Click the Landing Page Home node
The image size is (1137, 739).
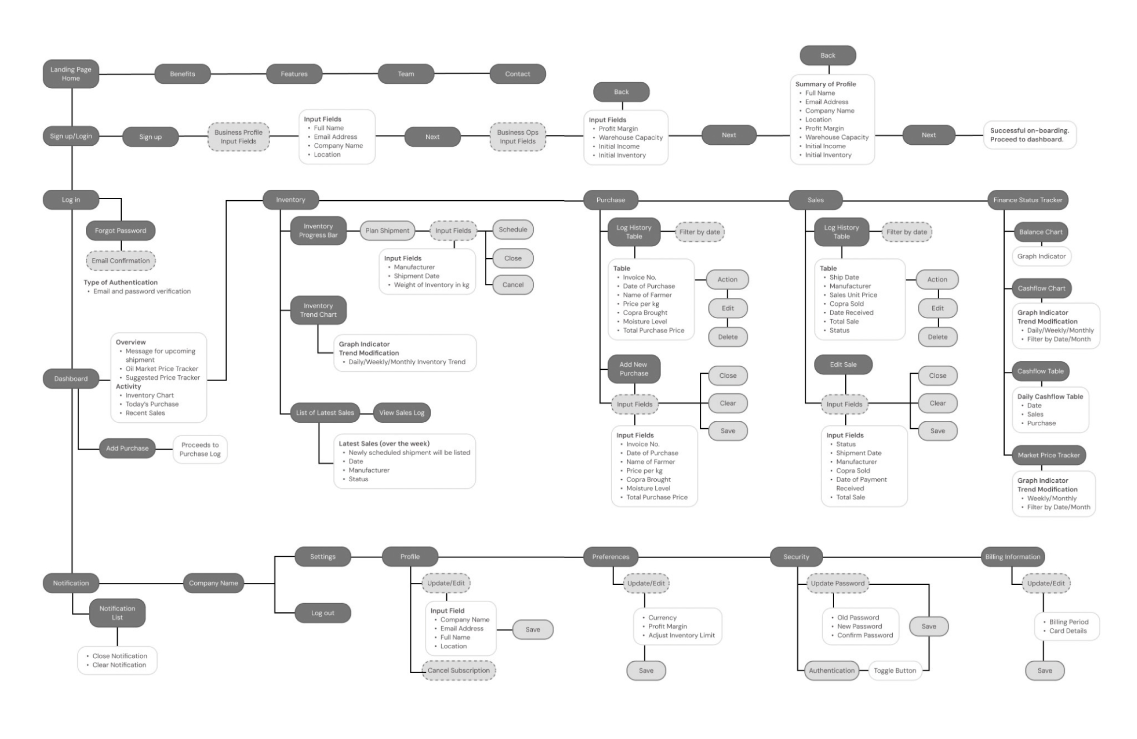tap(71, 74)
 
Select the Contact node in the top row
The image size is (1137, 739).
tap(517, 74)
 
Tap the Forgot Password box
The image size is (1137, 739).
tap(120, 230)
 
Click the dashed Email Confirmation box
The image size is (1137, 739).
tap(120, 261)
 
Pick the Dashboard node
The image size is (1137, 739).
tap(71, 379)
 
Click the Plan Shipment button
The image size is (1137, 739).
tap(387, 230)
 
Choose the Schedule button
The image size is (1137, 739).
tap(513, 229)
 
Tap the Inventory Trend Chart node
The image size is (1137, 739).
tap(318, 310)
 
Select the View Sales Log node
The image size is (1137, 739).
tap(402, 412)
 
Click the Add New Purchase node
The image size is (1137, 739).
tap(634, 369)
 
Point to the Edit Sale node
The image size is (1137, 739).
tap(843, 364)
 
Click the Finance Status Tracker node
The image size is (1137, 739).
tap(1027, 200)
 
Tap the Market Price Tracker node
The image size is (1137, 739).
tap(1049, 455)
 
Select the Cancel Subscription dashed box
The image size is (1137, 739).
tap(458, 670)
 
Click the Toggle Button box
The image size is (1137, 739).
tap(895, 671)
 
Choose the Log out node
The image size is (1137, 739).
tap(323, 613)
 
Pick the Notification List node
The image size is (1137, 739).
tap(117, 613)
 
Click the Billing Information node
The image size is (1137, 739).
tap(1013, 557)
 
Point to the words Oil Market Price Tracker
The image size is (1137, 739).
tap(162, 369)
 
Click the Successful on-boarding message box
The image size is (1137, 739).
tap(1030, 135)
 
